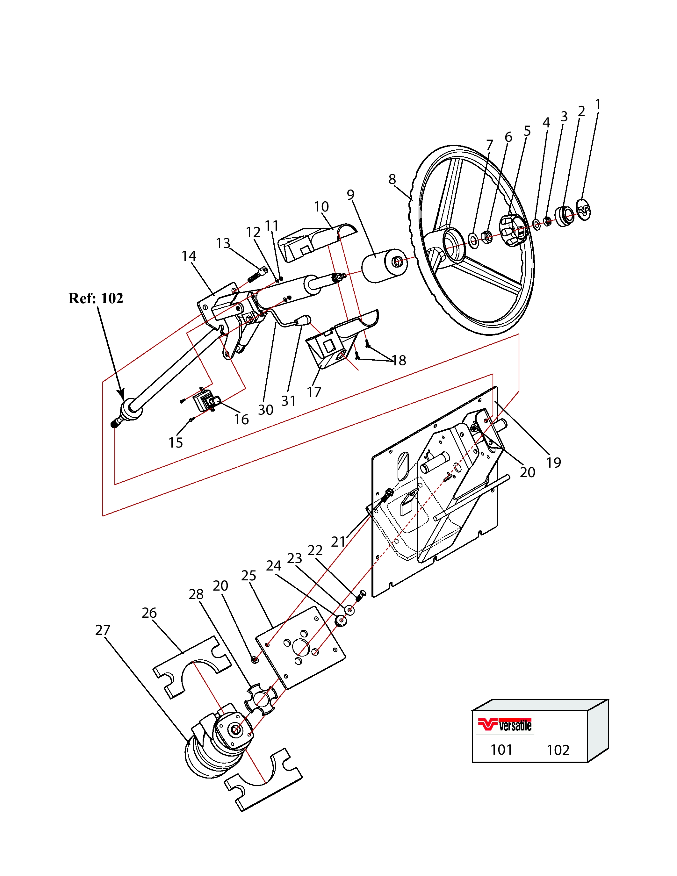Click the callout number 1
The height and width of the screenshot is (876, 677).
[598, 105]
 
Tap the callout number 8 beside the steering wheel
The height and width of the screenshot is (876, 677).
[392, 179]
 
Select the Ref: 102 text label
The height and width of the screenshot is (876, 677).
[96, 298]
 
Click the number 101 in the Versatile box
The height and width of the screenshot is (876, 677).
[501, 750]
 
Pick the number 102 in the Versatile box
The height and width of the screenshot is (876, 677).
[558, 750]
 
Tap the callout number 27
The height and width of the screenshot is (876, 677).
[103, 630]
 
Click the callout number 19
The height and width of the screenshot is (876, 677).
[553, 463]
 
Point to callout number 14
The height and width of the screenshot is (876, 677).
[189, 256]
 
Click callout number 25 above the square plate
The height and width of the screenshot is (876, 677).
[249, 576]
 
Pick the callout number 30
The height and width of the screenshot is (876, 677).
[265, 410]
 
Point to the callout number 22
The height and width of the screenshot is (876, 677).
[315, 550]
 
